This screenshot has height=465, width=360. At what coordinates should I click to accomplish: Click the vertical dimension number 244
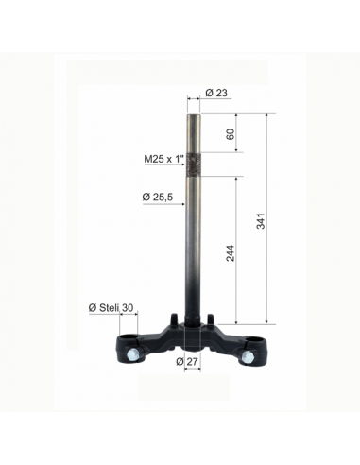(x=231, y=252)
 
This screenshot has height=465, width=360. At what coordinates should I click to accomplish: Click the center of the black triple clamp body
(x=195, y=336)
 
